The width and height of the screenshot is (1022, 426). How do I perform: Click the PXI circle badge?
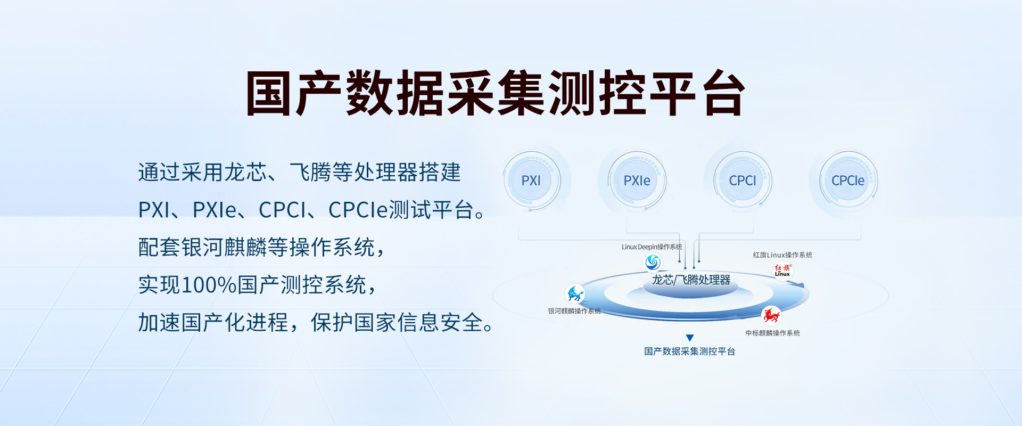point(531,181)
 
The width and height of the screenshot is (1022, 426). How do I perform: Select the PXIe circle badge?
point(637,181)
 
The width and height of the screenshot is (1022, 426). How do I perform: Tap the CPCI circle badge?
point(743,181)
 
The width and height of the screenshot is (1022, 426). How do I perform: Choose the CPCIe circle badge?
point(848,181)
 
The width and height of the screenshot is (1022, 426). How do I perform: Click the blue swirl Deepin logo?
point(653,262)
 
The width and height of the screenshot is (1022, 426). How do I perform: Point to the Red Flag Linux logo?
point(782,271)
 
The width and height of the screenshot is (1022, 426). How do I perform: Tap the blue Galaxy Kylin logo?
point(575,293)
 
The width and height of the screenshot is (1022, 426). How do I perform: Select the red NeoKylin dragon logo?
point(771,315)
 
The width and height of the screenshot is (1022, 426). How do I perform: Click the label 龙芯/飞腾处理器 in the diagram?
point(691,280)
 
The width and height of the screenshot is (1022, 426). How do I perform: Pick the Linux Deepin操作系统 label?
point(652,247)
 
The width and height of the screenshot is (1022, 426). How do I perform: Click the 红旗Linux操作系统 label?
point(782,255)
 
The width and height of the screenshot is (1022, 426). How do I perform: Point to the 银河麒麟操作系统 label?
point(574,311)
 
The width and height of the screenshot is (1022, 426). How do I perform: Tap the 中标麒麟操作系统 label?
point(772,333)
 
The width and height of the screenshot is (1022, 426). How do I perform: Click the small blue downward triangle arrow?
point(690,338)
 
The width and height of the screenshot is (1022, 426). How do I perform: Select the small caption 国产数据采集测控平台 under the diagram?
point(689,351)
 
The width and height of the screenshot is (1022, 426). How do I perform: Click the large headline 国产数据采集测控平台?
point(495,93)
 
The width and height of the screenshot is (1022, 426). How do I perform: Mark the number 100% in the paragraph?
point(209,285)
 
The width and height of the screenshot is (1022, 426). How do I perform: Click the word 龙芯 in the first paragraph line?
point(245,172)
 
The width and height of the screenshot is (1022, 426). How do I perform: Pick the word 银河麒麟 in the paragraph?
point(224,247)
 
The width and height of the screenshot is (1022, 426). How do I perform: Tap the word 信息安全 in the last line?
point(440,322)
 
